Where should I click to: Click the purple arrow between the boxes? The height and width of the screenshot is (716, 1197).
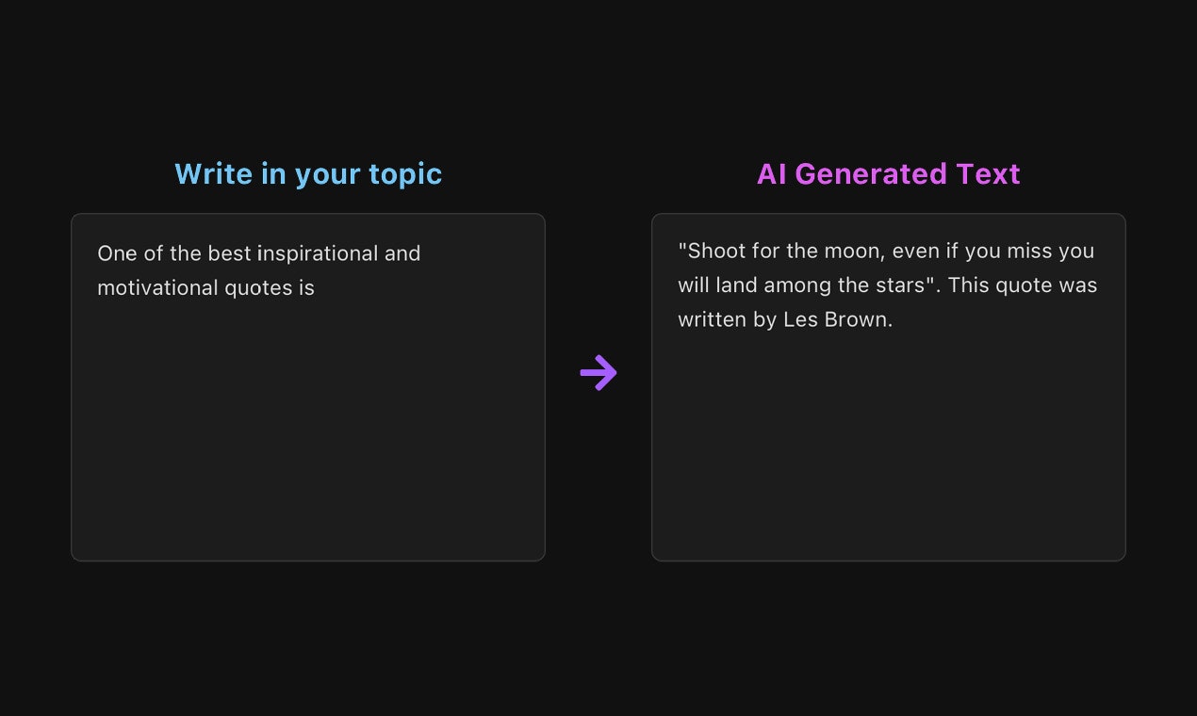click(598, 373)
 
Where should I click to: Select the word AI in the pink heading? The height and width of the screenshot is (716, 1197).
click(772, 174)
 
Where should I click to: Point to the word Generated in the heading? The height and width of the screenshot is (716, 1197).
click(872, 174)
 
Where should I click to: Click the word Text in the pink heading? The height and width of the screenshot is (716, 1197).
click(989, 174)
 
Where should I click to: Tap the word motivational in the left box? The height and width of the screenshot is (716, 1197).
click(157, 288)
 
